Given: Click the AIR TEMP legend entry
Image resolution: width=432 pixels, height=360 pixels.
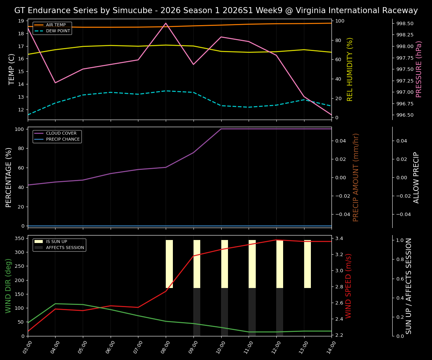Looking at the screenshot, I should pos(55,25).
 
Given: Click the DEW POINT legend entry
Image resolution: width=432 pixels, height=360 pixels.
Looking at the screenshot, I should pos(58,31).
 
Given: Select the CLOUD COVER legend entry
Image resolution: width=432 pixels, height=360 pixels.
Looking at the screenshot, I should pos(61,133).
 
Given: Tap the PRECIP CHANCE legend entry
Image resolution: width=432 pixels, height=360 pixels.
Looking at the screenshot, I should pos(63,139).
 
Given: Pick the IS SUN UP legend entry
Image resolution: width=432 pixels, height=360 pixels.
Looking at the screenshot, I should pos(60,241).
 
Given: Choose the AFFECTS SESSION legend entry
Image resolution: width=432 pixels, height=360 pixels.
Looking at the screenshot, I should pos(65,247).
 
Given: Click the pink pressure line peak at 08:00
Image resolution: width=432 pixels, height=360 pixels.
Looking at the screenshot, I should pos(166,23).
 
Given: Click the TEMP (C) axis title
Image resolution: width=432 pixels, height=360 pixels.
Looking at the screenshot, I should pos(12,69).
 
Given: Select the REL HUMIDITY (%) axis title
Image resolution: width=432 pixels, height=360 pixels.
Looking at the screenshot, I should pos(350,69).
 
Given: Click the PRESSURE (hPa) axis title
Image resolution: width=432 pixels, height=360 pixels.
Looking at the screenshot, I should pos(419,69).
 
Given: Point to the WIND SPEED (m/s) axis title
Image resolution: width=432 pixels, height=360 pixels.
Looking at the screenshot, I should pos(349,286).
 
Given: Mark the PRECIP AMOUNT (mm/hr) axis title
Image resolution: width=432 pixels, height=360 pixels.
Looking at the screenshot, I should pos(356,177).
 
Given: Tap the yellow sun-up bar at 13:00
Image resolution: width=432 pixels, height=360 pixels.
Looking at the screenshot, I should pos(307,264).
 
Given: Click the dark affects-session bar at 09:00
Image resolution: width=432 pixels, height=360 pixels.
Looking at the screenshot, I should pos(197,312).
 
